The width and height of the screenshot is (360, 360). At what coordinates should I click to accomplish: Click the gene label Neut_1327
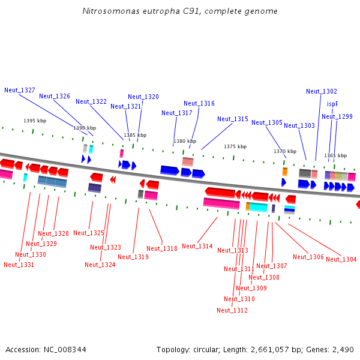tap(20, 90)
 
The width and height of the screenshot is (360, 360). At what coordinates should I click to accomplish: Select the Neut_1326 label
tap(55, 96)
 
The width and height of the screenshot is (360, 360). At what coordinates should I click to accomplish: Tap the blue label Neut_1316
tap(199, 103)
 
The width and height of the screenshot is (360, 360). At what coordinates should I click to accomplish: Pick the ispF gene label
tap(332, 104)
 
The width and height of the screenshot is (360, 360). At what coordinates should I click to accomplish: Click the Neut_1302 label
tap(322, 91)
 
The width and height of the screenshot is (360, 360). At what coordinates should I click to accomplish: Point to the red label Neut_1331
tap(19, 265)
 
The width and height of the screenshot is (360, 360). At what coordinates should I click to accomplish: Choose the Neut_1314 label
tap(197, 246)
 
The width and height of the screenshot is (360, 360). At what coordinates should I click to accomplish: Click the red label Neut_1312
tap(232, 310)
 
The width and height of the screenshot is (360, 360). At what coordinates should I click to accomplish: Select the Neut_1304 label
tap(341, 259)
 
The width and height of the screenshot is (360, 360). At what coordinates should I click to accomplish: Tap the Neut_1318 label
tap(162, 248)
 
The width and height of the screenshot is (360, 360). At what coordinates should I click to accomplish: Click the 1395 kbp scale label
tap(35, 121)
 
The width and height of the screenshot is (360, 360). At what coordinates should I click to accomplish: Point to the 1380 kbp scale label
tap(185, 142)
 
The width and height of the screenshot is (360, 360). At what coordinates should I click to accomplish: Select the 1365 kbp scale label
tap(335, 155)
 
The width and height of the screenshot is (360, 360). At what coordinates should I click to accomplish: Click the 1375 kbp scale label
tap(235, 146)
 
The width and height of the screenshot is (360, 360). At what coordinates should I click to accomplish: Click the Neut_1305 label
tap(267, 122)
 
